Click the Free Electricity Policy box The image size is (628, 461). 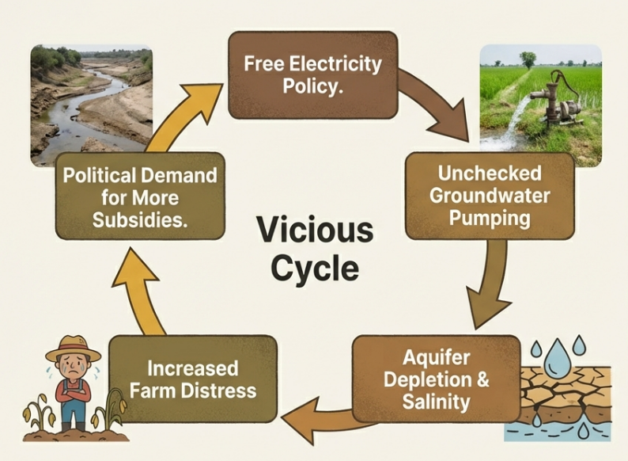tap(312, 75)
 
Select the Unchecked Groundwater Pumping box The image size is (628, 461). tap(490, 196)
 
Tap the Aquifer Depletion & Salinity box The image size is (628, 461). tap(436, 379)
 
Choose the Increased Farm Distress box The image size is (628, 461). tap(193, 379)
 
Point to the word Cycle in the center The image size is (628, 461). tap(315, 269)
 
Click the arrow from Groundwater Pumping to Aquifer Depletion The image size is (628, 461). tap(490, 285)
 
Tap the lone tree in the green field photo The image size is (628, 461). tap(528, 58)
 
